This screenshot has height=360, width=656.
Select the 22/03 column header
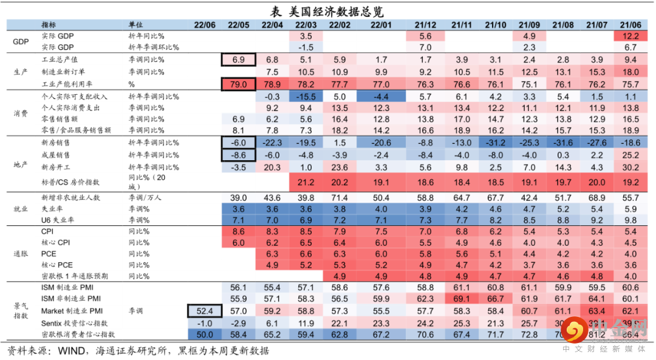click(306, 25)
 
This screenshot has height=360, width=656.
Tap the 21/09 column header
click(529, 25)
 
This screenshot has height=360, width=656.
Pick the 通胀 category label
click(21, 254)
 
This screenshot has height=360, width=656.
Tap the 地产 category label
click(21, 166)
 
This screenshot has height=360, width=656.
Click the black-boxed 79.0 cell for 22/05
click(239, 84)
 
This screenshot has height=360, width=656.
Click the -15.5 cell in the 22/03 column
click(306, 97)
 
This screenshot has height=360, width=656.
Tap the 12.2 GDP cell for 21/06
click(630, 36)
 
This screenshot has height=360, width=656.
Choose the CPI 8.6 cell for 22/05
click(239, 232)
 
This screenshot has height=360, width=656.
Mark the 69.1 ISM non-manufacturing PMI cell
click(462, 299)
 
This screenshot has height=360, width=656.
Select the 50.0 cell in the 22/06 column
click(205, 335)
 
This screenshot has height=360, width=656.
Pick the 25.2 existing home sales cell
click(630, 155)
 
